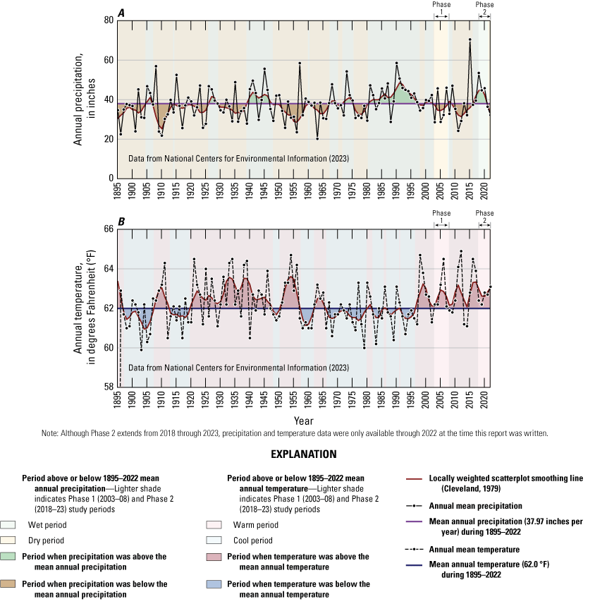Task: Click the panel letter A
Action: coord(123,13)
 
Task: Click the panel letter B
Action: coord(123,222)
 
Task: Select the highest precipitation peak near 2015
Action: coord(470,40)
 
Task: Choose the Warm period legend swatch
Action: coord(216,525)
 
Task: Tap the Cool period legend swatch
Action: coord(216,540)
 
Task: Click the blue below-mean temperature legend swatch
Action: coord(216,584)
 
